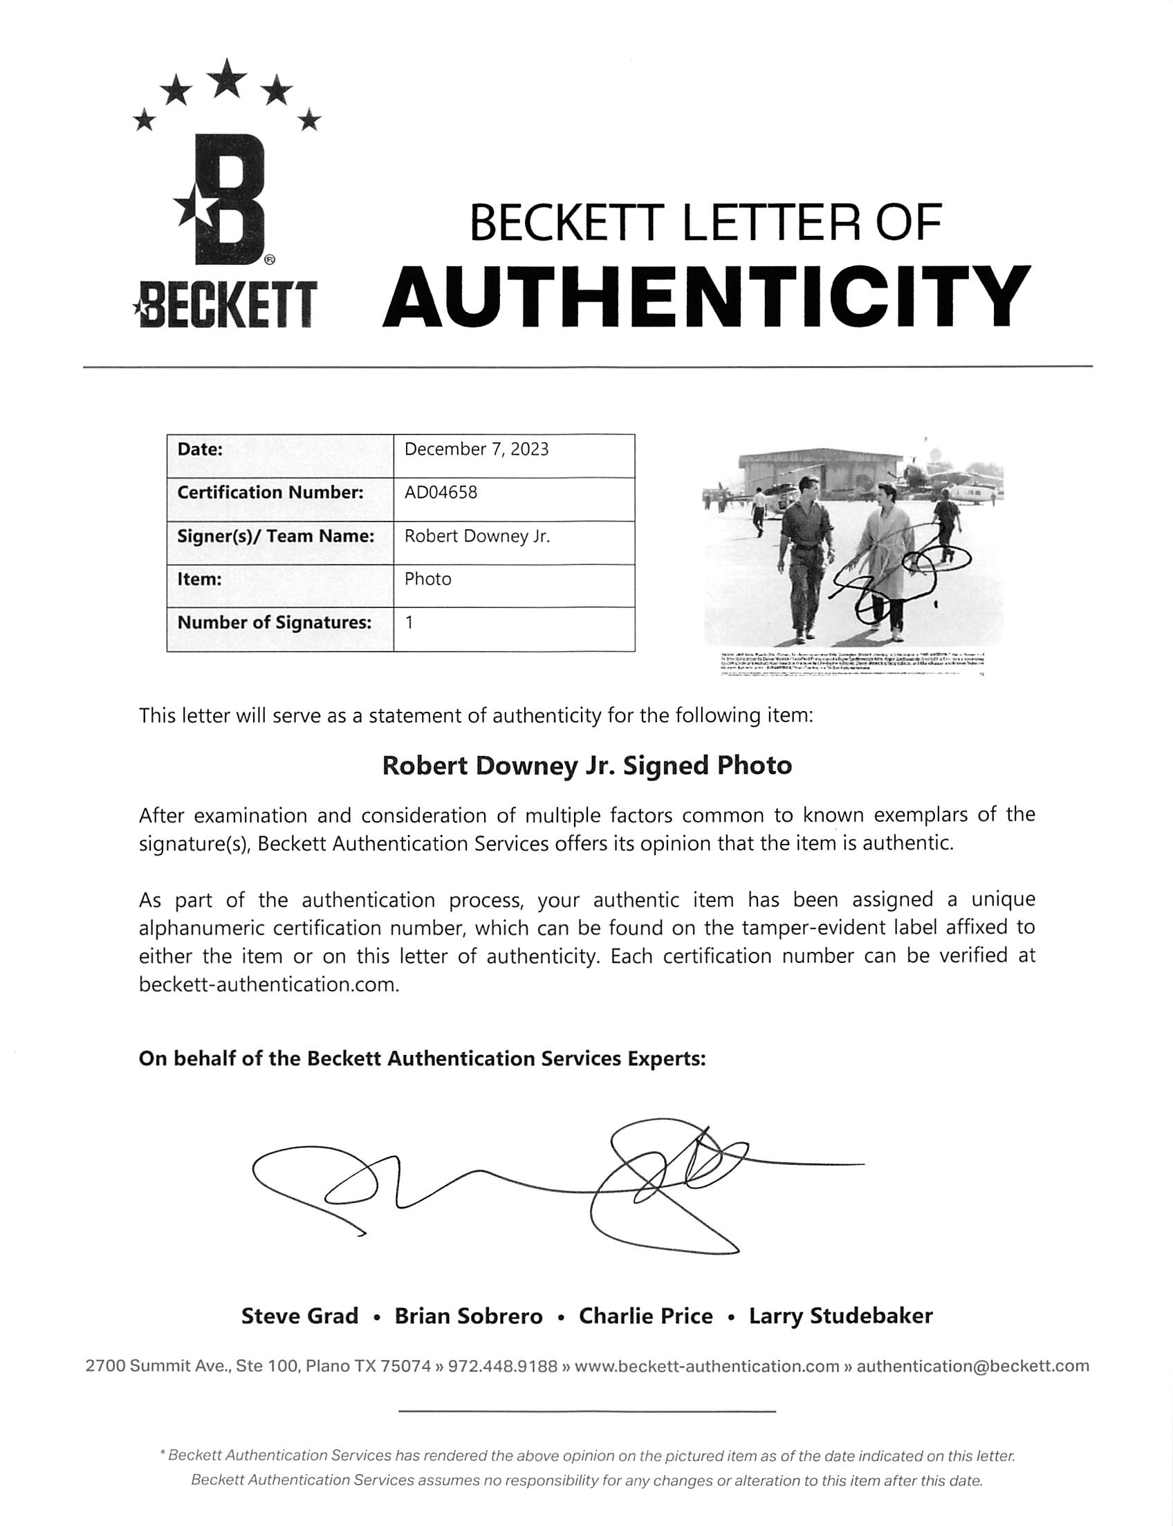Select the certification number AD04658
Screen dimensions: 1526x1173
tap(441, 493)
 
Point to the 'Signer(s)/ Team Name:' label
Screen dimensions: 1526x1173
tap(275, 536)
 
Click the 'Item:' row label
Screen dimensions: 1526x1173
tap(200, 579)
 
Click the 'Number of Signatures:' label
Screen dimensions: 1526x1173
tap(274, 623)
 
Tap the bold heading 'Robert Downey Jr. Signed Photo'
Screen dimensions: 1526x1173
tap(586, 766)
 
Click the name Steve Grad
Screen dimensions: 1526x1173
tap(299, 1316)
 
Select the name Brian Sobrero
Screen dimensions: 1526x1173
tap(468, 1316)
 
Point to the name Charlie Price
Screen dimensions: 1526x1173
tap(646, 1316)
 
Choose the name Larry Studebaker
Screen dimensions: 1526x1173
tap(840, 1316)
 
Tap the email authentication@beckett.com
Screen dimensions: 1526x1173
tap(972, 1366)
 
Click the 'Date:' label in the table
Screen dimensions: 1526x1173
tap(200, 449)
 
